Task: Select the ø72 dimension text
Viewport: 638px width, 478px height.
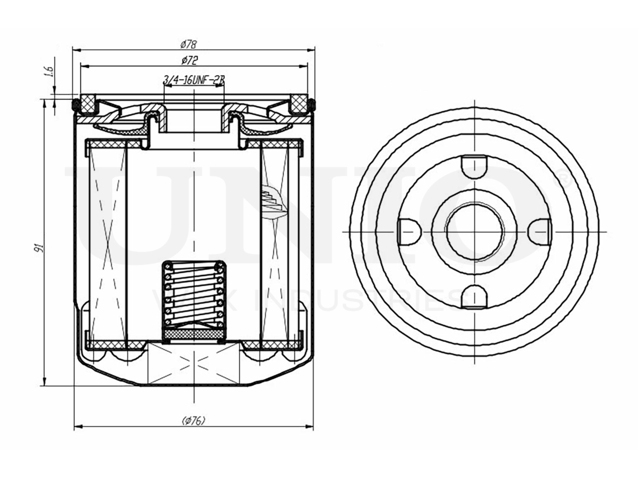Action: [189, 61]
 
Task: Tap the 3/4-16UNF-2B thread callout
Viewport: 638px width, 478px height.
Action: [194, 79]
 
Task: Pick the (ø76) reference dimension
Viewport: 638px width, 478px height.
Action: [194, 421]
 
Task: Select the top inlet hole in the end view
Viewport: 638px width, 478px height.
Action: [473, 164]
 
